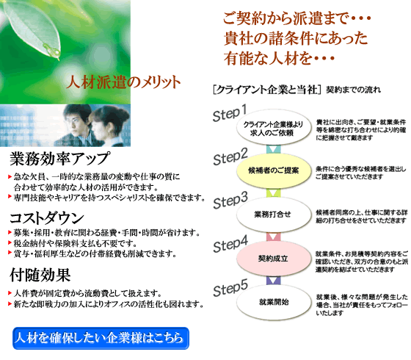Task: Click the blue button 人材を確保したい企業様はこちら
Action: click(101, 338)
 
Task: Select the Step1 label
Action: click(230, 113)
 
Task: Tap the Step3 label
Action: click(230, 201)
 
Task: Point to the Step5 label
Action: click(230, 288)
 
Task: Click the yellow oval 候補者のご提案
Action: click(273, 170)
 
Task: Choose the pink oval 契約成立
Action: click(273, 259)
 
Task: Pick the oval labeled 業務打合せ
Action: click(273, 215)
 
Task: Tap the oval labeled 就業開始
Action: click(273, 302)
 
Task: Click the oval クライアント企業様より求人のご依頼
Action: click(273, 128)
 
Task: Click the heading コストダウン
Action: click(47, 218)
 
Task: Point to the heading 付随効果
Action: click(40, 275)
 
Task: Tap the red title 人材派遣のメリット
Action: click(123, 82)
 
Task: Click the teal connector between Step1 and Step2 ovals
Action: click(273, 149)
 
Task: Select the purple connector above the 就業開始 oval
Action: click(273, 280)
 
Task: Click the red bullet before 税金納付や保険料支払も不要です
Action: click(10, 242)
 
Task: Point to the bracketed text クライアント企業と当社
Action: click(267, 90)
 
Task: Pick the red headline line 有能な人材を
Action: click(279, 58)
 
